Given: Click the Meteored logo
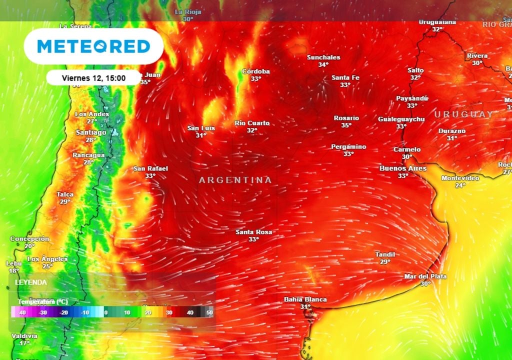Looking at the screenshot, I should [x=93, y=46].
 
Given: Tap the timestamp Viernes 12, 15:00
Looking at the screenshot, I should [x=93, y=78].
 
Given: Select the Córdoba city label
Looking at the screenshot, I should [x=256, y=71].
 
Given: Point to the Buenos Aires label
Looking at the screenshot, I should [x=403, y=168].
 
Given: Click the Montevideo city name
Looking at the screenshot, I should [x=460, y=178].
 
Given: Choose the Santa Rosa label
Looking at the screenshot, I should [x=254, y=232].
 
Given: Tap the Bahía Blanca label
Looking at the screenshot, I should [x=305, y=299].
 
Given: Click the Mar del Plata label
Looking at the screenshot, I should [x=425, y=276].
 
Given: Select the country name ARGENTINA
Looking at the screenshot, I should [x=235, y=180].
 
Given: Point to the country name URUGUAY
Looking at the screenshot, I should [x=463, y=114].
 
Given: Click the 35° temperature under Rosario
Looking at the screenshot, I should [x=346, y=125].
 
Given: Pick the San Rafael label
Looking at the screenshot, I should [x=150, y=169].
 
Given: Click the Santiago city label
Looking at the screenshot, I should [x=91, y=132].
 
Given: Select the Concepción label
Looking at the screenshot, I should [x=30, y=239].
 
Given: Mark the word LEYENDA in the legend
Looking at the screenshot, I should [x=31, y=282].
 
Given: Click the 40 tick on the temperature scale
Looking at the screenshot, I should [x=190, y=312].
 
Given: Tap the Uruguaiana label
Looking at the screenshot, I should [x=437, y=22].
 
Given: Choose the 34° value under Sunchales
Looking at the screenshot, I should [x=323, y=64].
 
